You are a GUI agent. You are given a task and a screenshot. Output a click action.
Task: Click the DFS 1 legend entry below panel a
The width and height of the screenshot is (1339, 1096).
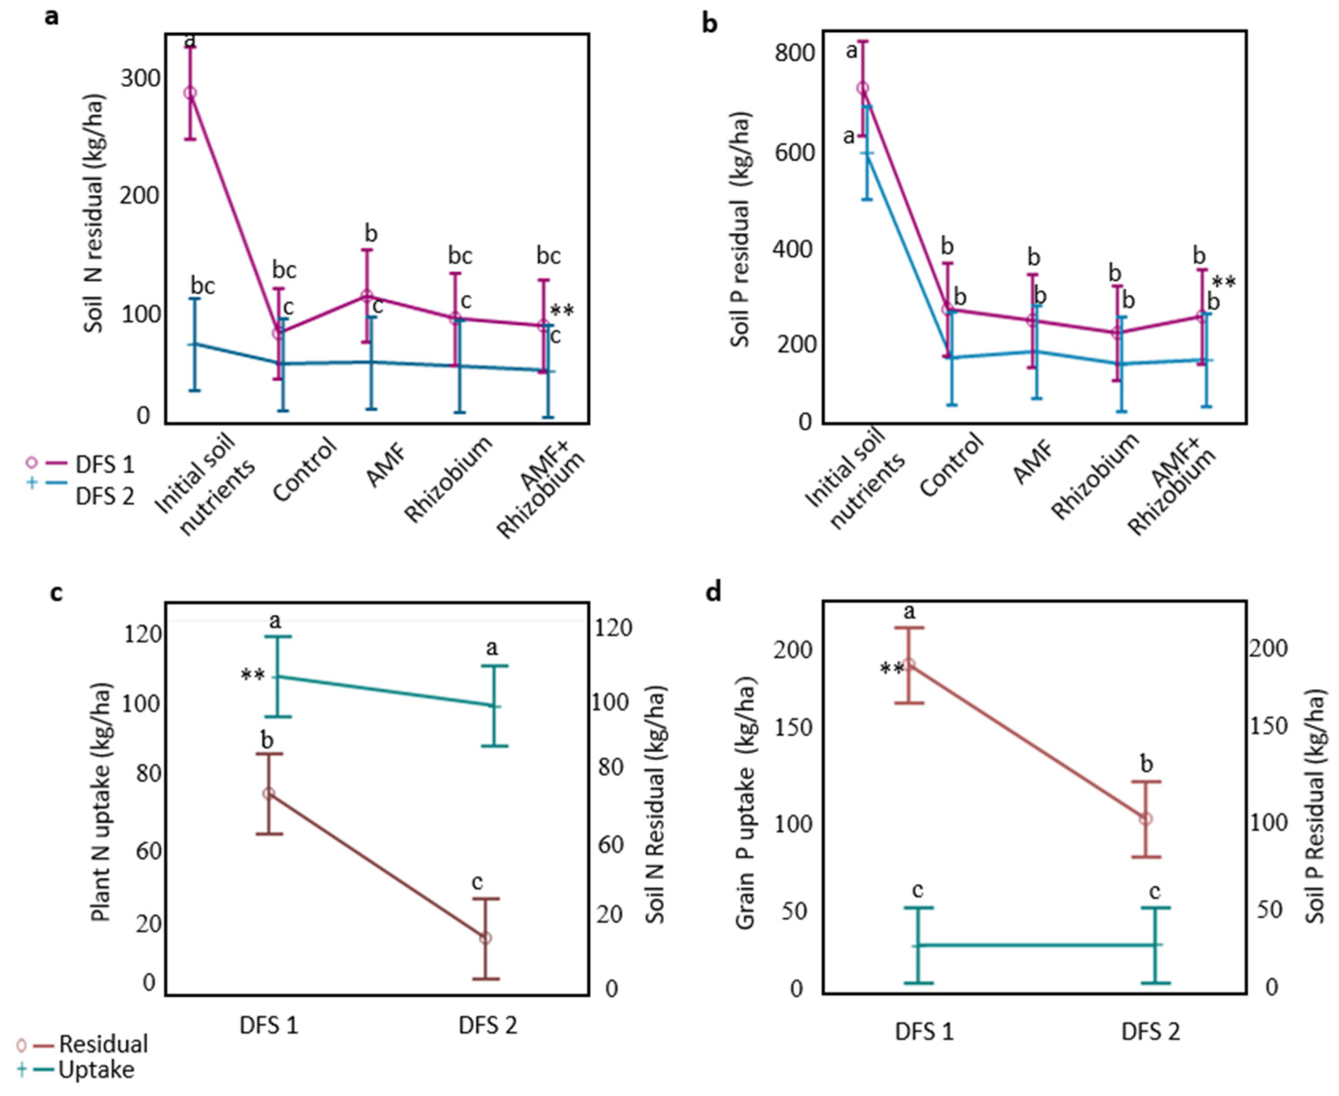click(x=104, y=465)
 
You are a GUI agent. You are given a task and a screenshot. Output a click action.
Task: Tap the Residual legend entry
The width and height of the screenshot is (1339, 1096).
click(x=103, y=1044)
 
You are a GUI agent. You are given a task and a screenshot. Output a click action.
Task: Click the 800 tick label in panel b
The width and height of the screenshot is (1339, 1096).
click(x=793, y=54)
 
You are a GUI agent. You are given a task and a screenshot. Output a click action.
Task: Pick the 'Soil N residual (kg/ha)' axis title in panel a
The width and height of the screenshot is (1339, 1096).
click(x=95, y=215)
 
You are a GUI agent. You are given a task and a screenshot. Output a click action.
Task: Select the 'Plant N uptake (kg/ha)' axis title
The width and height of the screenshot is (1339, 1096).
click(x=101, y=802)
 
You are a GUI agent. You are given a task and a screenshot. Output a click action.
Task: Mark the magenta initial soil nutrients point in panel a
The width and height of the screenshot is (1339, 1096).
click(x=190, y=93)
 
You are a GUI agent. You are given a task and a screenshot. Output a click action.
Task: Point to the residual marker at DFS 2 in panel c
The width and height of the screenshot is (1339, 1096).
click(x=485, y=938)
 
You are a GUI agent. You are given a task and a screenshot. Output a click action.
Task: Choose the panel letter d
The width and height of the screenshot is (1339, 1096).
click(x=712, y=593)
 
